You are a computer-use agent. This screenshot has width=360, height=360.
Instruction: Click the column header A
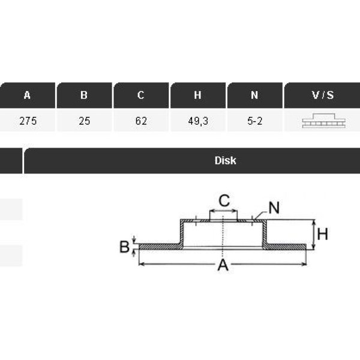[x=28, y=95]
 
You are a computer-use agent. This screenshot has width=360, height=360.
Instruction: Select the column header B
[x=84, y=95]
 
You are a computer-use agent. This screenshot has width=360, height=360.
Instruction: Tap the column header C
[x=141, y=95]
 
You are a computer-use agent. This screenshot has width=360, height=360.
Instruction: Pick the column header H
[x=198, y=95]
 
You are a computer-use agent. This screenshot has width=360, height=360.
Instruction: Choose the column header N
[x=254, y=95]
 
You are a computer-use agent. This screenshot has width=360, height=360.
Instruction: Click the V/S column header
[x=322, y=95]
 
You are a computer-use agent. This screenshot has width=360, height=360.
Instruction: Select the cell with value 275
[x=28, y=121]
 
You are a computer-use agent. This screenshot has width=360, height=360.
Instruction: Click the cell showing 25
[x=84, y=121]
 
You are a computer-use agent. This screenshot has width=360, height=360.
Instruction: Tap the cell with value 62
[x=141, y=121]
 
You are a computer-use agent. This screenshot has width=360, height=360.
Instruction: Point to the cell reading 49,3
[x=198, y=121]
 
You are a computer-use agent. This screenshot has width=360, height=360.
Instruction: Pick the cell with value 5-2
[x=254, y=121]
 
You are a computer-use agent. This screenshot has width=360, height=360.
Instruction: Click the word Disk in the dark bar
[x=225, y=160]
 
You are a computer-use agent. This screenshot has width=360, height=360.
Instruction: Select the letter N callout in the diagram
[x=274, y=208]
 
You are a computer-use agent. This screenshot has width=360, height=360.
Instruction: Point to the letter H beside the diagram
[x=322, y=234]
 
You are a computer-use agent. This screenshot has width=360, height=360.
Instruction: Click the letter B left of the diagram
[x=124, y=246]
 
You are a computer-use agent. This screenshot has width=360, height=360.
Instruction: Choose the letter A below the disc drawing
[x=223, y=266]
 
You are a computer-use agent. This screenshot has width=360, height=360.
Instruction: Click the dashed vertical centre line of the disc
[x=223, y=237]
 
